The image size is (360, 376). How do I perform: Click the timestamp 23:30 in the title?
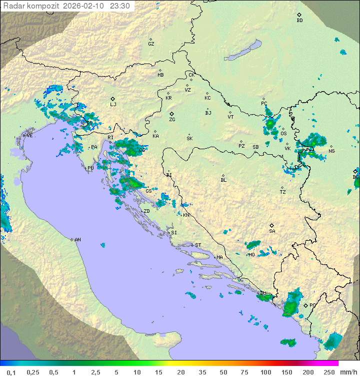120,6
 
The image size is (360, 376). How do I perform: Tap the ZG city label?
172,120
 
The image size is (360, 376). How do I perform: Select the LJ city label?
113,105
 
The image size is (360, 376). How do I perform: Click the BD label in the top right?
299,21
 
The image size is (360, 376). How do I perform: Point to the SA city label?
272,231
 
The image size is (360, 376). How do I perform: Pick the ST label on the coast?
198,245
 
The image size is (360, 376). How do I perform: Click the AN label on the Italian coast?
77,240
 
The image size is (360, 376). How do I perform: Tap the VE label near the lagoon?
29,136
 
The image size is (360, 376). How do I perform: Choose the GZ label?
151,44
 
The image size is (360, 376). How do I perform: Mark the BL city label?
223,180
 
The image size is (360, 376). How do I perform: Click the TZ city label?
283,192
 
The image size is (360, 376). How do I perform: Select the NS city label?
331,151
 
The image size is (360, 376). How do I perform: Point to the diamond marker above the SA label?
272,225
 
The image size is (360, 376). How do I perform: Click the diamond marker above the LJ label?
113,99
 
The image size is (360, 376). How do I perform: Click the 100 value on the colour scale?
266,372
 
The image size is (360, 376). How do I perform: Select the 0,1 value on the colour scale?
11,372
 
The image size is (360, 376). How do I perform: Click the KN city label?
186,215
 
